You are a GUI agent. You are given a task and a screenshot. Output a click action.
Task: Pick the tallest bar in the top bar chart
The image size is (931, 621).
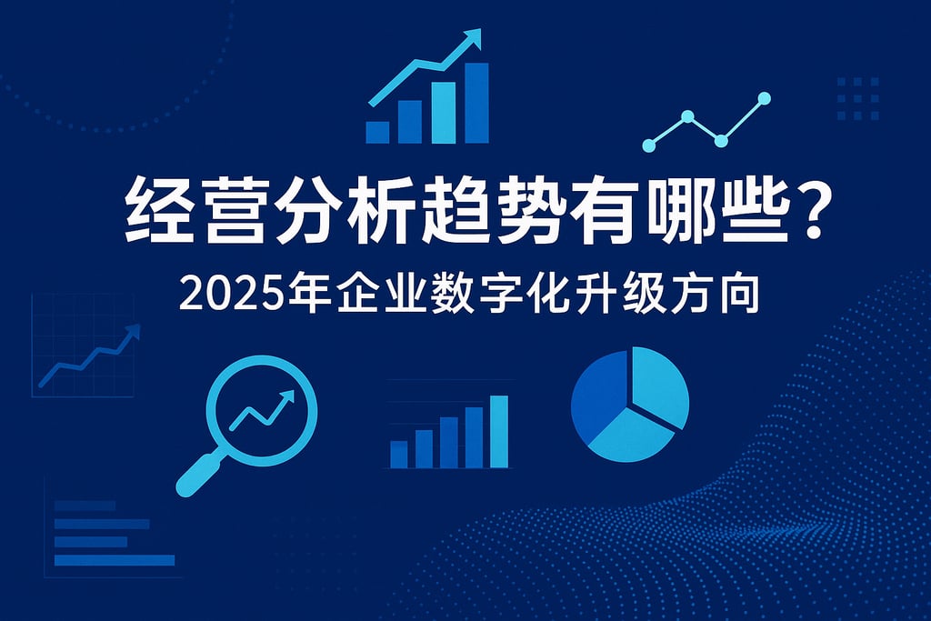pos(476,103)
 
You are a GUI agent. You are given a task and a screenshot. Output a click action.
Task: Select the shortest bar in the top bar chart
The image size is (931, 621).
pos(377,133)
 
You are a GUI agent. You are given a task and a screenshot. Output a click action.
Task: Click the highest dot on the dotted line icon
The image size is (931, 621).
pos(764,98)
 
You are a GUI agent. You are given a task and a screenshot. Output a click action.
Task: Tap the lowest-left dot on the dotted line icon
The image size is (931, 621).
pos(649,145)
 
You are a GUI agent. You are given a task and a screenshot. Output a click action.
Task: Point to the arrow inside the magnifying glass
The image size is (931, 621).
pos(262,410)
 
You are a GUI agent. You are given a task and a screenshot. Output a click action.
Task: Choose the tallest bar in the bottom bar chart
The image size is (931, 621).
pos(499,432)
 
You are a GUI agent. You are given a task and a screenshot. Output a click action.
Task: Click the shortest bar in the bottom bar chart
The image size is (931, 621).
pos(399,455)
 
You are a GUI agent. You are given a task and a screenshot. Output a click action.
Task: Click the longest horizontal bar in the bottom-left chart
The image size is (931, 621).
pos(115,560)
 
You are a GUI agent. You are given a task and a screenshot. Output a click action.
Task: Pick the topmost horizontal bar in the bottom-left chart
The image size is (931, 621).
pos(85,506)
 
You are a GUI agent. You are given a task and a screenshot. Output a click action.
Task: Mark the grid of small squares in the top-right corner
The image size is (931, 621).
pos(858,98)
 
